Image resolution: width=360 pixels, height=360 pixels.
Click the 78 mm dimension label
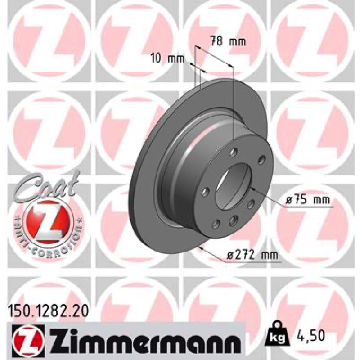[x=228, y=42]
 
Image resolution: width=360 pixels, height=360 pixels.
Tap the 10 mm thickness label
[x=168, y=59]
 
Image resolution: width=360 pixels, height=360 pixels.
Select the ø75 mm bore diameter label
[x=308, y=200]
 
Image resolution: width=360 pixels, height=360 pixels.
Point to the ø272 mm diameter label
[x=252, y=255]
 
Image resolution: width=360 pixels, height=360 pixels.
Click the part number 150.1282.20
[x=48, y=311]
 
